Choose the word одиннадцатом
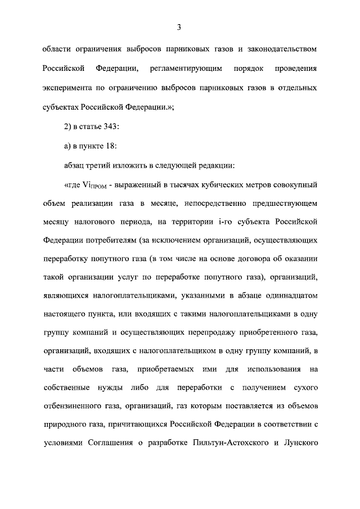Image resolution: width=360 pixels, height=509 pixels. [285, 300]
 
